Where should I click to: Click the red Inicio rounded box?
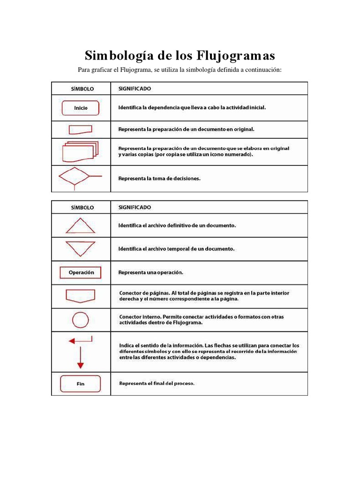81,108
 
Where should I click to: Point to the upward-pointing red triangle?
80,226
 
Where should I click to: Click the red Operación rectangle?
81,272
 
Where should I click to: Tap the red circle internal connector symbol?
80,320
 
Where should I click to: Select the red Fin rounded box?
81,383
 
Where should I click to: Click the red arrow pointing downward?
80,360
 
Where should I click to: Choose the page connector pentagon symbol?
81,296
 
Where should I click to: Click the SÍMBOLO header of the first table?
82,89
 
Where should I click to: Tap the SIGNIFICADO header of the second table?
135,207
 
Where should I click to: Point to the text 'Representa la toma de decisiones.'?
159,178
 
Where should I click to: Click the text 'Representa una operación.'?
150,272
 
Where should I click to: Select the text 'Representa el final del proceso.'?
157,383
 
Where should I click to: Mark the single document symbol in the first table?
81,129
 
